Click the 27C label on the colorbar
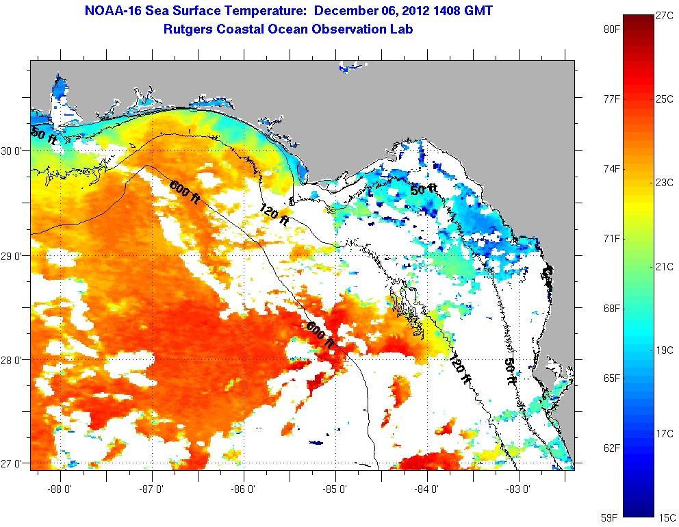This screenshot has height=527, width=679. [665, 14]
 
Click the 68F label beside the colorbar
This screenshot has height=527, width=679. [612, 308]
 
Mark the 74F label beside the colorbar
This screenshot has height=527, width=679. [612, 168]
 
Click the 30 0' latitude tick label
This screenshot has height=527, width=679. [13, 151]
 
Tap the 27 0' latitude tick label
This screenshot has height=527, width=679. [13, 464]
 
